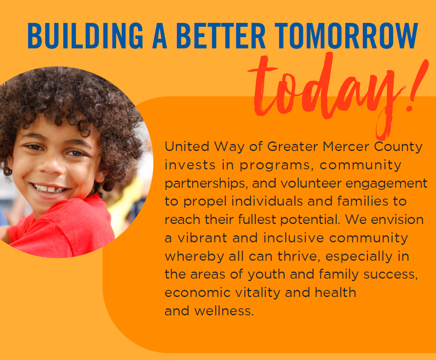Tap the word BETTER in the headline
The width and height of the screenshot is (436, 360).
221,35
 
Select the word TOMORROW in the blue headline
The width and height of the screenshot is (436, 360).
346,35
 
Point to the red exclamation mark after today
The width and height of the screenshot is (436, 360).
417,86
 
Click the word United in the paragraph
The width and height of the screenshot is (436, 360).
187,146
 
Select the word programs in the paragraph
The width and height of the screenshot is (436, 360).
275,166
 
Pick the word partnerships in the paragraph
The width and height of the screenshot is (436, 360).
206,184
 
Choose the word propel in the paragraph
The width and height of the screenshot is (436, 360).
205,202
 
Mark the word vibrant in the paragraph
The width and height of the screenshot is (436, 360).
202,238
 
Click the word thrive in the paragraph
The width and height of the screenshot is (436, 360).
298,256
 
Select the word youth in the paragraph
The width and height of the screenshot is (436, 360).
266,274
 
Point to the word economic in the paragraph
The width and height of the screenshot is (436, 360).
198,293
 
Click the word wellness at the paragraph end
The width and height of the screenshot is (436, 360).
224,311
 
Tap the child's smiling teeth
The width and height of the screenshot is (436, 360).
50,189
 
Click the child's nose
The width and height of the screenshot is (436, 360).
50,167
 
